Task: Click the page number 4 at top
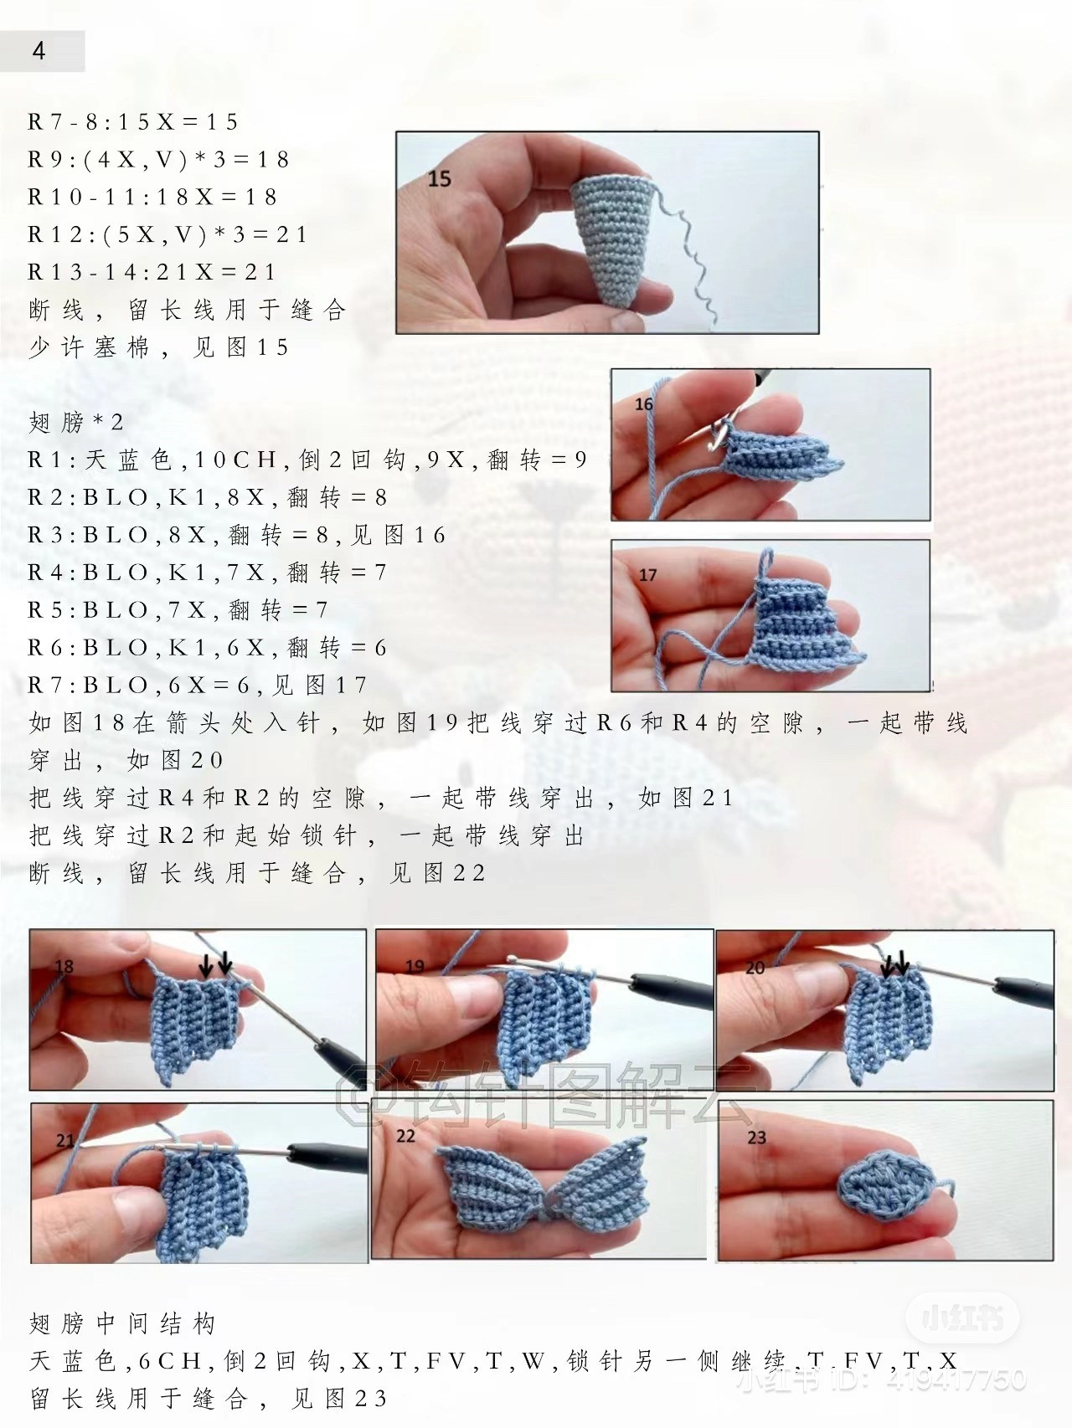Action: click(39, 51)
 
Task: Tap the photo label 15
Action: click(439, 178)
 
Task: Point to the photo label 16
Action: click(643, 404)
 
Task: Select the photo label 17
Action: click(647, 575)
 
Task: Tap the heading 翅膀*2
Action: click(76, 423)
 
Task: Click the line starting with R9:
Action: click(158, 159)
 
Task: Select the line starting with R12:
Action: click(167, 234)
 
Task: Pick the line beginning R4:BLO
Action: click(207, 573)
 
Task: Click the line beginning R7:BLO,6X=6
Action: click(198, 686)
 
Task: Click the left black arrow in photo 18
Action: click(205, 967)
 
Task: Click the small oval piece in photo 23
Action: click(884, 1182)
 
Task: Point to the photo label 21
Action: click(64, 1140)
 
